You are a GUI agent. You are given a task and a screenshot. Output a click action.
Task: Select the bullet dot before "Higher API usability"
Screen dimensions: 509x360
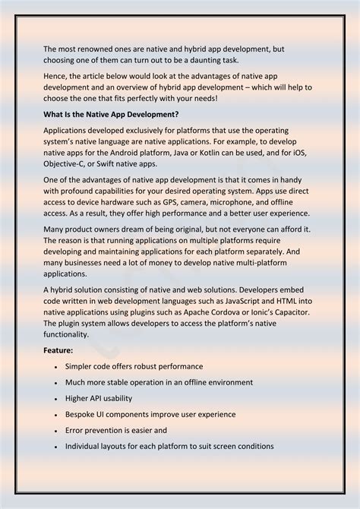point(56,399)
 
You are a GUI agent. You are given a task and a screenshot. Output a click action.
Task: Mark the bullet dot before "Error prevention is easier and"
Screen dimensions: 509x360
point(56,431)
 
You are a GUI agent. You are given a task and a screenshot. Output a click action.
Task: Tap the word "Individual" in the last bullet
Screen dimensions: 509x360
point(85,446)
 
